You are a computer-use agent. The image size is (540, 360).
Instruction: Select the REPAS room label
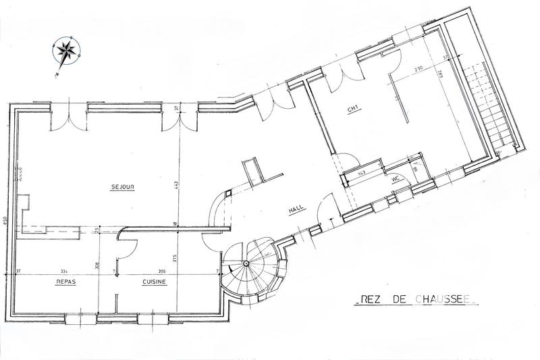point(65,282)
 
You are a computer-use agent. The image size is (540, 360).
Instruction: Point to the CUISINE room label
point(154,282)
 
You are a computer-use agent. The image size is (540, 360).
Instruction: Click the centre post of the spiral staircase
point(247,262)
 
